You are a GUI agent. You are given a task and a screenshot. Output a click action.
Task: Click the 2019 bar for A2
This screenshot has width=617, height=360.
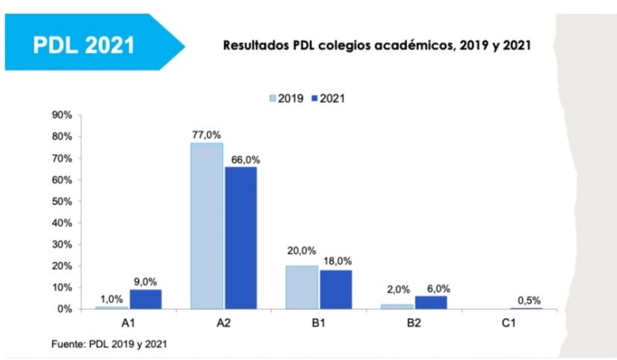(x=206, y=226)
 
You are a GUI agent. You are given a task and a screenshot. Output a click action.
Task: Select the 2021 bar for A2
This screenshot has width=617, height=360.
(x=241, y=238)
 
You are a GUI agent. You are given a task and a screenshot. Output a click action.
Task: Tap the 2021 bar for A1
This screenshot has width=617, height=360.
(x=145, y=299)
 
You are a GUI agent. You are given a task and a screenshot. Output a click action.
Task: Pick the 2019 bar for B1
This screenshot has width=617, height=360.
(x=302, y=287)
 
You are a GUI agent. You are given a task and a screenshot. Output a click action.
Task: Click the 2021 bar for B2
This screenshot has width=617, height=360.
(x=430, y=302)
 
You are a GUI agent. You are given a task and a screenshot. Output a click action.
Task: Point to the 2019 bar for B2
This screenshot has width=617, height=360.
(x=397, y=305)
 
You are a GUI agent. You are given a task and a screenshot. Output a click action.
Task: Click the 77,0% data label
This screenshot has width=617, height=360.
(x=206, y=135)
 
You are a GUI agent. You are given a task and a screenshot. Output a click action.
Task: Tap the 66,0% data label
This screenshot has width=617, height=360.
(x=241, y=159)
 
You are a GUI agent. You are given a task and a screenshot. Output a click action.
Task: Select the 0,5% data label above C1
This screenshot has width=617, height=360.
(x=527, y=300)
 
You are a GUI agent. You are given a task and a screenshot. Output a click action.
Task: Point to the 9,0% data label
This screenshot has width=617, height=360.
(x=145, y=282)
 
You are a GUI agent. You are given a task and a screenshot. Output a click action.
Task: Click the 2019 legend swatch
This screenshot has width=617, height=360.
(x=273, y=98)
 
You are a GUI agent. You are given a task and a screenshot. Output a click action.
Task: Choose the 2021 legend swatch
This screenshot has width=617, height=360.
(x=314, y=98)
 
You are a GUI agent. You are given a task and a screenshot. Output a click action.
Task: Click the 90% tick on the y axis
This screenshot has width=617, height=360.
(x=61, y=116)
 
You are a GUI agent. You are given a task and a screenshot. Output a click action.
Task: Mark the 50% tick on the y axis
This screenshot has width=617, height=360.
(x=61, y=202)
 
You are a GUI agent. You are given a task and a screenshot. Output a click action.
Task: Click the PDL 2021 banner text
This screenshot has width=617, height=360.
(x=84, y=44)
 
